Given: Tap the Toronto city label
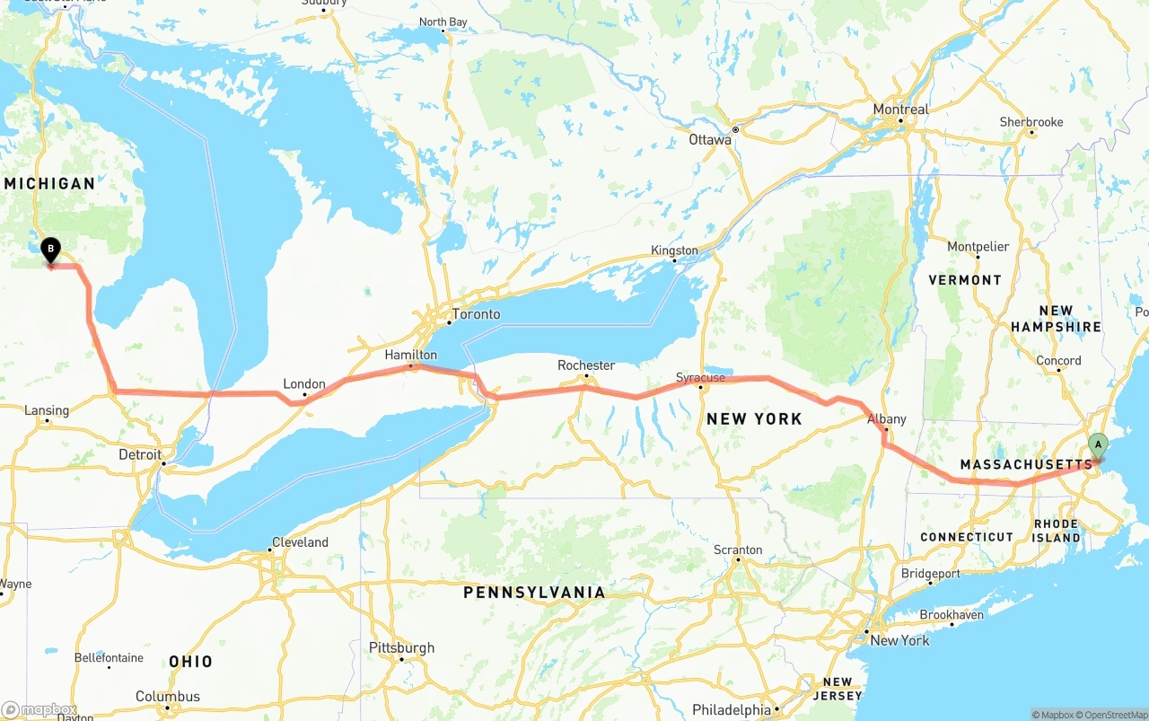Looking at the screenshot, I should point(476,314).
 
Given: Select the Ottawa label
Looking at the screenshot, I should point(710,140).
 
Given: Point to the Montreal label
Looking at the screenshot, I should point(900,110).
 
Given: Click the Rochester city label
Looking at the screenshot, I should point(586,365).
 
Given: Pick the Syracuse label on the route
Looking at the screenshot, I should point(700,378).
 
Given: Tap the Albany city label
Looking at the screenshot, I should point(886,419).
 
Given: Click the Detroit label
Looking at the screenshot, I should point(140,454).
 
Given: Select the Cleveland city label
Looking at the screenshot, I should point(300,542).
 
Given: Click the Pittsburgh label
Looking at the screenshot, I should point(401,647).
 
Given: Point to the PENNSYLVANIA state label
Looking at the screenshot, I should point(534,593).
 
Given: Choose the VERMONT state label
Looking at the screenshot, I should point(965,280).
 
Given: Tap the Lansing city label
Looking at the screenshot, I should point(47,410).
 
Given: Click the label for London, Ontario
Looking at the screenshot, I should point(304,384).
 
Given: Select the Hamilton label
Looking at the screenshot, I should point(410,356).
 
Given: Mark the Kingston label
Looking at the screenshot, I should point(674,251).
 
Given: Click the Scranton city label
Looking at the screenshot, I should point(738,550).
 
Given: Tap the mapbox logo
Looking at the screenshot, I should point(39,709).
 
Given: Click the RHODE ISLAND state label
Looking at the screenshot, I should point(1056,530).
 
